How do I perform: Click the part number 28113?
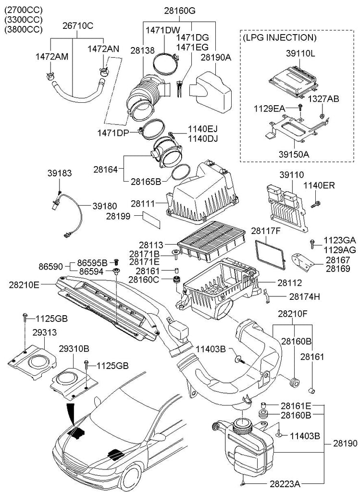pyautogui.click(x=151, y=245)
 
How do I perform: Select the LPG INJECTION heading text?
pyautogui.click(x=279, y=37)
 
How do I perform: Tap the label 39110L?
pyautogui.click(x=300, y=53)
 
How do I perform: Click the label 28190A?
pyautogui.click(x=216, y=58)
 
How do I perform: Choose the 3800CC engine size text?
pyautogui.click(x=23, y=29)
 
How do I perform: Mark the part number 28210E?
pyautogui.click(x=24, y=285)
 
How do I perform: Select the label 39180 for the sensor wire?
pyautogui.click(x=104, y=206)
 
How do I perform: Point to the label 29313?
pyautogui.click(x=45, y=332)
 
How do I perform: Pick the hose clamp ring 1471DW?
pyautogui.click(x=165, y=65)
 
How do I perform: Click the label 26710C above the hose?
pyautogui.click(x=78, y=26)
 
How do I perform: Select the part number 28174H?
pyautogui.click(x=304, y=296)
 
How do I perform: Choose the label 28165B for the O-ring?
pyautogui.click(x=146, y=181)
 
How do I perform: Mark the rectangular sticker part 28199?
pyautogui.click(x=151, y=220)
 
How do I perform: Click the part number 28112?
pyautogui.click(x=289, y=283)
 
